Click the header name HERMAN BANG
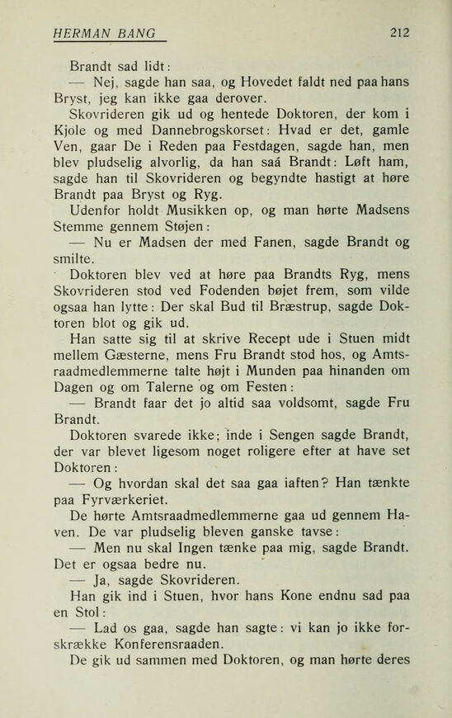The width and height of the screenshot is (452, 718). click(x=105, y=34)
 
